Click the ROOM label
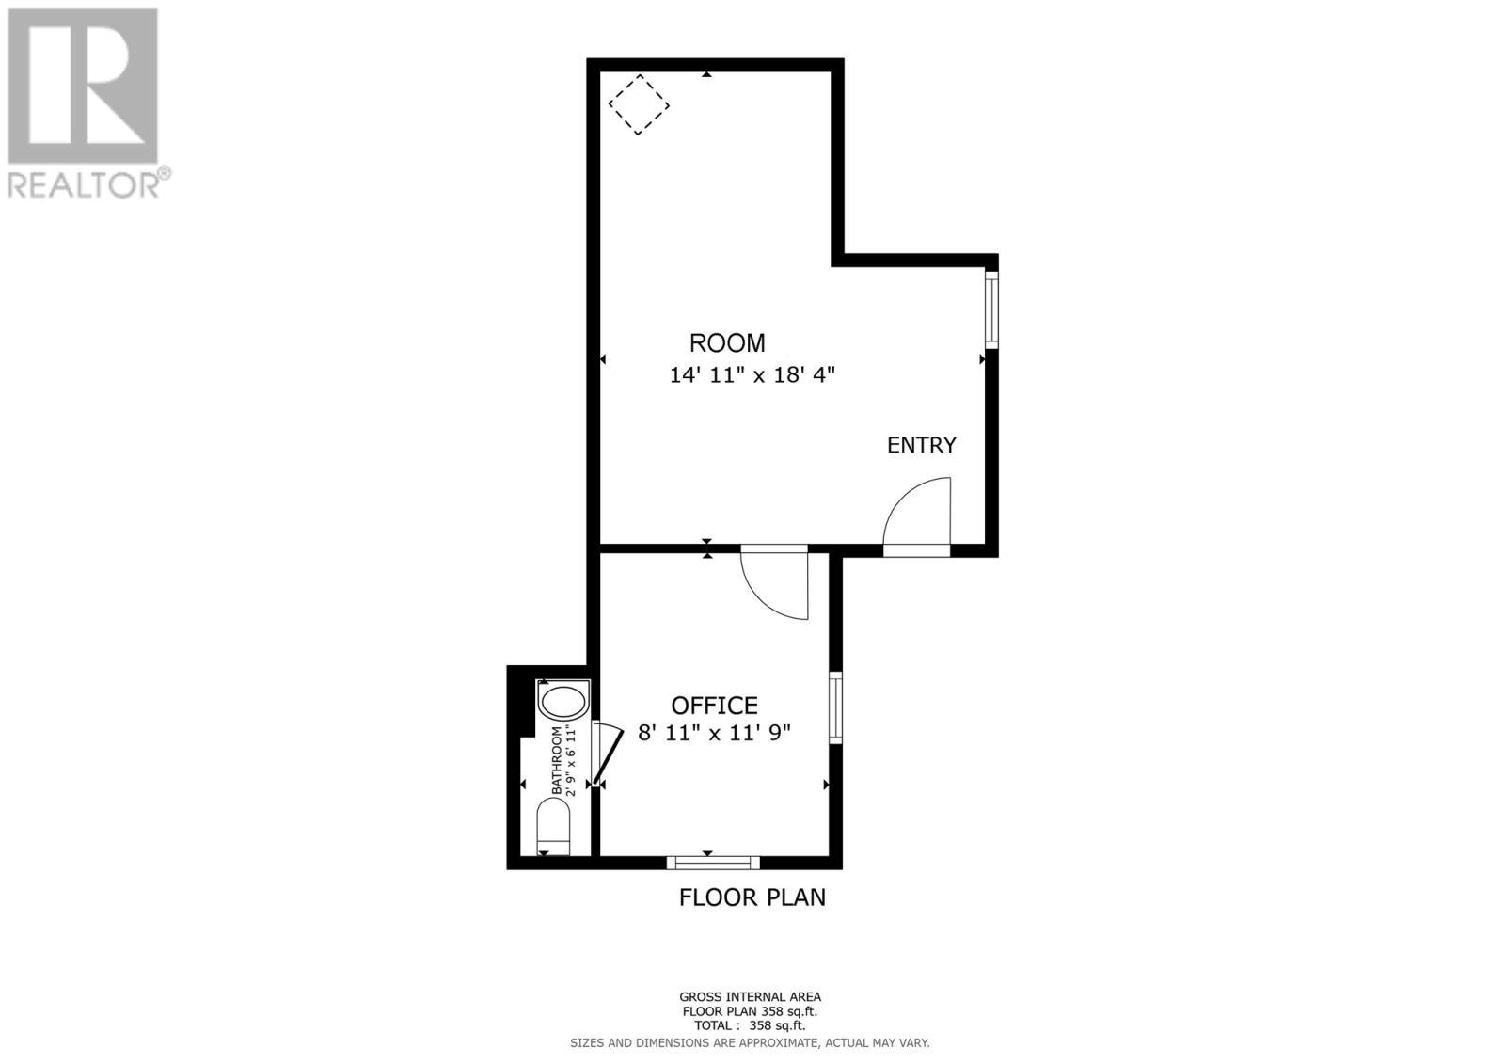click(727, 343)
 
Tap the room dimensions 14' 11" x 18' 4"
click(752, 375)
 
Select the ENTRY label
click(922, 445)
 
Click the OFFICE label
click(714, 706)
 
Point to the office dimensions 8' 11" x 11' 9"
click(714, 733)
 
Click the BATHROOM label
click(557, 760)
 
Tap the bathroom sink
click(562, 702)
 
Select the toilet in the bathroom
click(554, 826)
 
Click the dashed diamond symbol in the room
click(639, 104)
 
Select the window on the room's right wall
click(991, 310)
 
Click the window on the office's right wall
click(835, 707)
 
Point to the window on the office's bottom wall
click(713, 862)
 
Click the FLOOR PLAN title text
click(752, 897)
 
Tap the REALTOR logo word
click(85, 183)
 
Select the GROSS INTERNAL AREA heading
click(750, 996)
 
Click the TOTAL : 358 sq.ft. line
click(750, 1026)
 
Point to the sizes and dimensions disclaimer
click(750, 1042)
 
